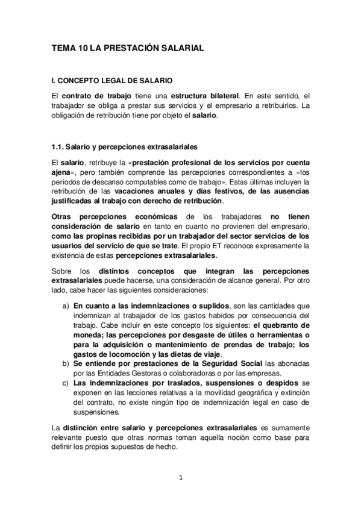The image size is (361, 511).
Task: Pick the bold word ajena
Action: coord(61,172)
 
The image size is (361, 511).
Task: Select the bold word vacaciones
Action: coord(132,191)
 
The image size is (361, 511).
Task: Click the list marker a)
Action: coord(66,306)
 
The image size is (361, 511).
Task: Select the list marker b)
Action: coord(66,363)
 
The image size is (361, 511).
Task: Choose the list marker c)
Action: coord(66,383)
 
